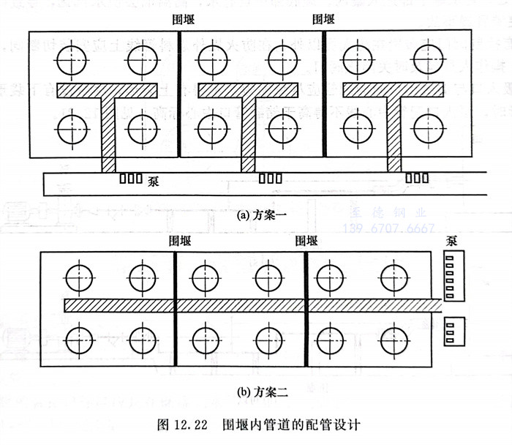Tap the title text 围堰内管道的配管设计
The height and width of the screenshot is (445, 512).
coord(293,425)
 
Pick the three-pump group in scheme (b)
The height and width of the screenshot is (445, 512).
coord(455,332)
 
